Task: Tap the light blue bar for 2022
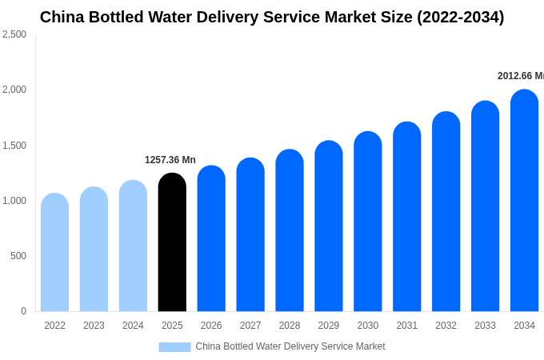pos(54,253)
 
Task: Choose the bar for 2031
pos(406,217)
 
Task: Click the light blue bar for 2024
pos(133,246)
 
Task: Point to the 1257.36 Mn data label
pos(170,160)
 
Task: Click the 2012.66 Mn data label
pos(520,76)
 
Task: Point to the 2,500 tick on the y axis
pos(14,34)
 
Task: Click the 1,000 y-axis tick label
pos(14,201)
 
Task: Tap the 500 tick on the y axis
pos(18,256)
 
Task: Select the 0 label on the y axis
pos(23,311)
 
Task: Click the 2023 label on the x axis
pos(94,326)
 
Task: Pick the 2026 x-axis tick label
pos(211,326)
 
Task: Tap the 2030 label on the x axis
pos(368,326)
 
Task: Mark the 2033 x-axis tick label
pos(485,326)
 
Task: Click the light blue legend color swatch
pos(174,347)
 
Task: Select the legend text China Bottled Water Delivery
pos(290,346)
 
